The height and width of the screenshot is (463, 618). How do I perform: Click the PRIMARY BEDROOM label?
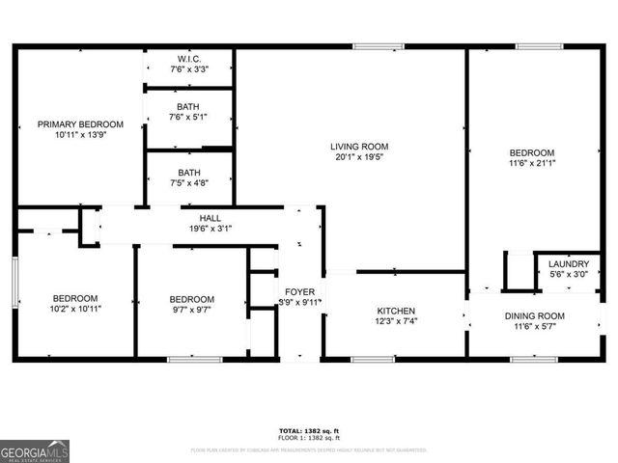80,124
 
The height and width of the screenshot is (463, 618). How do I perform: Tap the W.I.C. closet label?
188,58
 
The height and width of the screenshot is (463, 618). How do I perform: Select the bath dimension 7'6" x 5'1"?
188,118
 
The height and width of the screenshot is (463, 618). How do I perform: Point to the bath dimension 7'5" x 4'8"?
188,184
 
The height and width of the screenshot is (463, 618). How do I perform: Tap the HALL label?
211,218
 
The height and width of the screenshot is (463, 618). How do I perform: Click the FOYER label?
298,291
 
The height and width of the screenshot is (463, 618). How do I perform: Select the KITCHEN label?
396,312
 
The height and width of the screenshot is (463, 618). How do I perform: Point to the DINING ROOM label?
534,316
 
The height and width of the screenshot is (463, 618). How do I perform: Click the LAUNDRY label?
568,264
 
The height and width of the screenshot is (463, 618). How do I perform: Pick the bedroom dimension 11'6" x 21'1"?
532,164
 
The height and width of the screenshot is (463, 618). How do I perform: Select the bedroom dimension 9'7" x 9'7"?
191,310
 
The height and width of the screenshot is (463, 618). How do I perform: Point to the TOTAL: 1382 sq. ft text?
308,430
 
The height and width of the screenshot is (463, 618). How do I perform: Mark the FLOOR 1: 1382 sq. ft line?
308,438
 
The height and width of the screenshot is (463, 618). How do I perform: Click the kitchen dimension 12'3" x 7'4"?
396,322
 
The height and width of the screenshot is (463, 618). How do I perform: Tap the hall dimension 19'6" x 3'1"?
211,229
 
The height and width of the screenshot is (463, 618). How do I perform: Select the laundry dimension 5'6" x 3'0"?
568,275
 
